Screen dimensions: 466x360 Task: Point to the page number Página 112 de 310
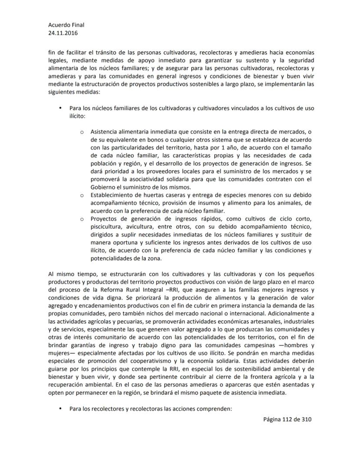click(287, 419)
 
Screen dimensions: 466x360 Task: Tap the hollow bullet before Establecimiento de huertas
click(81, 195)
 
